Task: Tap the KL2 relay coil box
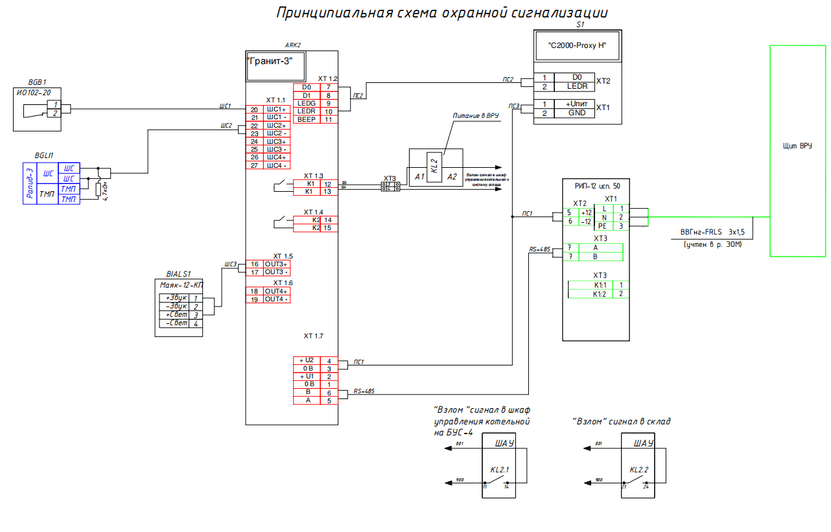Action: (435, 165)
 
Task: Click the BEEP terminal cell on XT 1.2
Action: (307, 119)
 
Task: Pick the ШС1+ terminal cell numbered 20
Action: (277, 110)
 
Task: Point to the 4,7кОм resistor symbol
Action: (98, 189)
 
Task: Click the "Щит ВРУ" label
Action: (797, 146)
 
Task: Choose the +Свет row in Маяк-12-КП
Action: (175, 315)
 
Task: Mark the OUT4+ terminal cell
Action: (277, 292)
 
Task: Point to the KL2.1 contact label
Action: (500, 470)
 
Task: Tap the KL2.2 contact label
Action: (639, 470)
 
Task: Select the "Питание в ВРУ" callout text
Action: (475, 115)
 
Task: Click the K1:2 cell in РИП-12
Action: (599, 294)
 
